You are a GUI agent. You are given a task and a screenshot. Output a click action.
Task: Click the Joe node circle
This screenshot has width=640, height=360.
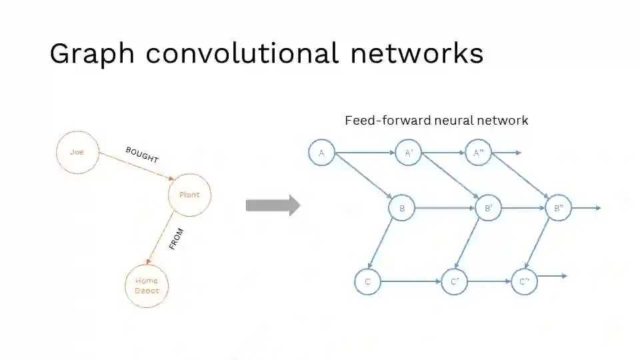tap(78, 152)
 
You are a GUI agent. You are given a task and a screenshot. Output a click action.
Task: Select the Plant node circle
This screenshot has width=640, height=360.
tap(189, 195)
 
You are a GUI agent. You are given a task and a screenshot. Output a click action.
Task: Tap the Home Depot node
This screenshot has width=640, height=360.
tap(147, 285)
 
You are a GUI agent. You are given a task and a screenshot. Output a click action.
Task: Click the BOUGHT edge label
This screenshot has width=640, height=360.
tap(141, 155)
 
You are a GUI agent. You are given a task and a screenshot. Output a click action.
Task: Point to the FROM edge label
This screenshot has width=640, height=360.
tap(176, 239)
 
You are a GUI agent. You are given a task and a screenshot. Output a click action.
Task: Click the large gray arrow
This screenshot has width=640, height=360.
tap(273, 205)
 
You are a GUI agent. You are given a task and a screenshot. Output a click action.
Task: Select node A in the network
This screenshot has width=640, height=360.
tap(321, 153)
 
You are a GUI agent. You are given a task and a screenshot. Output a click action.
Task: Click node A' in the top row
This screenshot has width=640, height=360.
tap(409, 153)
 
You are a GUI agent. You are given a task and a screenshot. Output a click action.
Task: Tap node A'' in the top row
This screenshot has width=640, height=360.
tap(478, 153)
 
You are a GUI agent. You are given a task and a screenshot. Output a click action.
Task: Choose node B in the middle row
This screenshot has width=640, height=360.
tap(402, 208)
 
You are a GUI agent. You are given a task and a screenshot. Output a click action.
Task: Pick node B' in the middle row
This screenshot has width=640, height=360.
tap(489, 208)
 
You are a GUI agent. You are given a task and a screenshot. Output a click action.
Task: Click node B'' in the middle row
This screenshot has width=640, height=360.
tap(558, 208)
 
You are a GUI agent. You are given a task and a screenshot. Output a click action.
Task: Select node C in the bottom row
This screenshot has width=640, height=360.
tap(367, 281)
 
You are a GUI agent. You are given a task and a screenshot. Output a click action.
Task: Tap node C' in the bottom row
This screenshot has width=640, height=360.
tap(454, 281)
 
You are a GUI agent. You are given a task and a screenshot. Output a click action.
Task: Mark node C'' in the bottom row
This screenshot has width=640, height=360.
tap(524, 281)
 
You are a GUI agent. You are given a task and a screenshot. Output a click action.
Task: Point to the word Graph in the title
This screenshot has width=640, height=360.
tap(92, 53)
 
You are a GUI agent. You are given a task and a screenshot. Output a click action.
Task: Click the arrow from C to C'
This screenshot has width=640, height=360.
tap(411, 281)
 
